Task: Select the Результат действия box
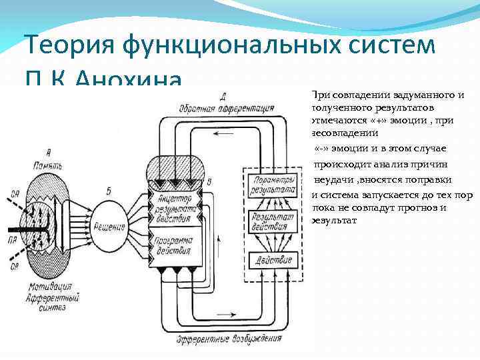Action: click(270, 223)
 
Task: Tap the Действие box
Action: click(270, 257)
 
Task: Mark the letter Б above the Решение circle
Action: click(109, 192)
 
